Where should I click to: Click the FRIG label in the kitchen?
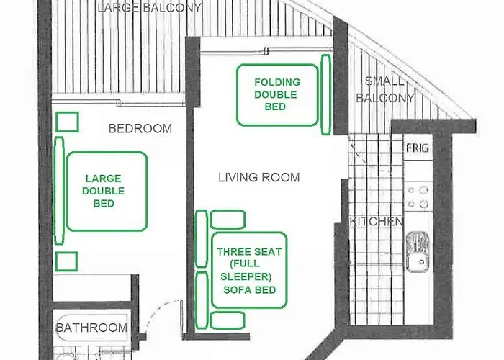click(418, 148)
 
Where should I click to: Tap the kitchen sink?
click(417, 252)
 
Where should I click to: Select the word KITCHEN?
click(376, 222)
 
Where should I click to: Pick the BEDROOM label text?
click(140, 129)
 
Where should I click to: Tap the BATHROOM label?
click(91, 328)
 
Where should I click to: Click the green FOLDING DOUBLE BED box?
click(277, 95)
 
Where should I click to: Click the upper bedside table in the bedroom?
click(67, 121)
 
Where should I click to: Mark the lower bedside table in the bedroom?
click(67, 261)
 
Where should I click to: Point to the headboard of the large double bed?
click(58, 191)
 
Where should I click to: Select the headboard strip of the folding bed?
click(325, 94)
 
